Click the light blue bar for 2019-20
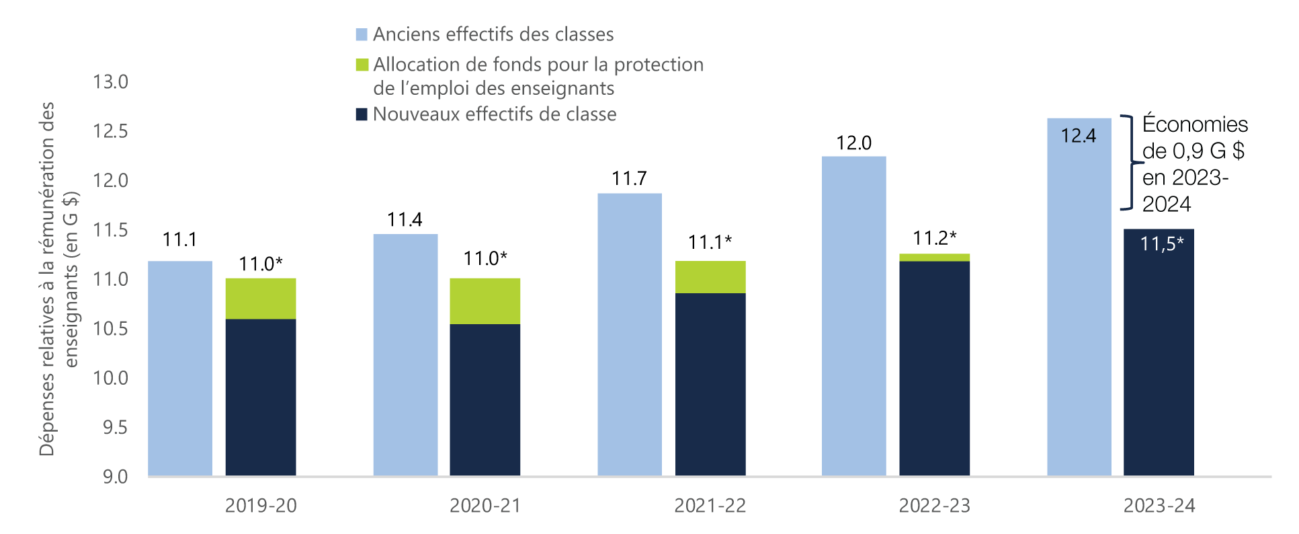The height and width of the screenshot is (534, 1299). pos(179,369)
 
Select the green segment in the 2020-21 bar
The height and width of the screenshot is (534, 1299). pos(485,301)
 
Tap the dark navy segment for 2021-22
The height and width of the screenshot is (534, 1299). pos(710,384)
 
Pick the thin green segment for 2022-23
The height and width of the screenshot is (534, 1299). pos(934,258)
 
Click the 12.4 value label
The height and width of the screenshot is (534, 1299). pos(1078,136)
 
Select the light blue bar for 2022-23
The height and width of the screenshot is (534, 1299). pos(853,316)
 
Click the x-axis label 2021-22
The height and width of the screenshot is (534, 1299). pos(710,506)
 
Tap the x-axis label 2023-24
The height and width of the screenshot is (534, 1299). pos(1159,506)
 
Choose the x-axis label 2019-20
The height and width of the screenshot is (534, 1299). pos(261,506)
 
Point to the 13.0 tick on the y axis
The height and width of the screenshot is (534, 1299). pos(110,82)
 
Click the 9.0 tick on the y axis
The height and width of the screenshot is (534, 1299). pos(114,477)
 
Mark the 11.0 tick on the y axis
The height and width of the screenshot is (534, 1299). pos(110,279)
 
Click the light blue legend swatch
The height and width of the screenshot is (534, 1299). pos(362,35)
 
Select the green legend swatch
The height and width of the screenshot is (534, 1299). pos(362,65)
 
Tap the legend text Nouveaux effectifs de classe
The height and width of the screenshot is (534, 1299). pos(494,114)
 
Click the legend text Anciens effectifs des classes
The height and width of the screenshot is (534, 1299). pos(493,34)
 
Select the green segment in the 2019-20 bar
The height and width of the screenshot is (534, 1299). pos(260,298)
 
